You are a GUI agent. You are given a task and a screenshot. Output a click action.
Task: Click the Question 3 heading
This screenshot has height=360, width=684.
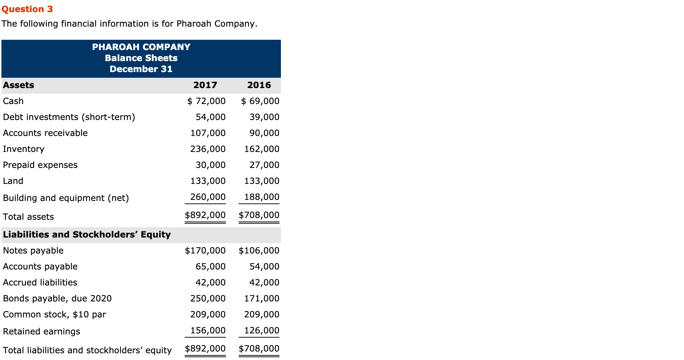(27, 9)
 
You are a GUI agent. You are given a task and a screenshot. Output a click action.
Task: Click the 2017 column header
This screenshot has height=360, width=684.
(205, 85)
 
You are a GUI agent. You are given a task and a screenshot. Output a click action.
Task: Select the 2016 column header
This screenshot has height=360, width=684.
(259, 85)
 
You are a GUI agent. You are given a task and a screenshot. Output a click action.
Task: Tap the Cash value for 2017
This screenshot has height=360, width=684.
(206, 101)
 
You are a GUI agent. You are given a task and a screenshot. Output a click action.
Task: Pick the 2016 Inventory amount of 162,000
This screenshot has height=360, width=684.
(261, 149)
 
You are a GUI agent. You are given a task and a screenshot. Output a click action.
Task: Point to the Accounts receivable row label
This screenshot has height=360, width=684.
(45, 133)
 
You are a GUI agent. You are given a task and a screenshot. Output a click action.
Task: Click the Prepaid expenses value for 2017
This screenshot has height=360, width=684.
(211, 165)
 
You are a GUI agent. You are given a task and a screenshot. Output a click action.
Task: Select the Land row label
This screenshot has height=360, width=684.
(13, 181)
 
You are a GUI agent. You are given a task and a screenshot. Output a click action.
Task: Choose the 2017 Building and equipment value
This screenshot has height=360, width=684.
(208, 197)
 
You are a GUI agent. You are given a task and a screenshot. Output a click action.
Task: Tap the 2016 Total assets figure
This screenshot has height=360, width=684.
(259, 215)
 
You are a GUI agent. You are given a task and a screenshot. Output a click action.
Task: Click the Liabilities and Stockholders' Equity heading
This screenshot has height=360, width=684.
(87, 235)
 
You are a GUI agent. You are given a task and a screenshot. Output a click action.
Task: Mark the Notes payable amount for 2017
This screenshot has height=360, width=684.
(205, 251)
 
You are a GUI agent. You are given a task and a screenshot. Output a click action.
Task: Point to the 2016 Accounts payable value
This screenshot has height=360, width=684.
(264, 267)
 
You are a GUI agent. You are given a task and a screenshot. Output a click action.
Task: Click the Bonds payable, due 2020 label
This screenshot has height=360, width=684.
(57, 299)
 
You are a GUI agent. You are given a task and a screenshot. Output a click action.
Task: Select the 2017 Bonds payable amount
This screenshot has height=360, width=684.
(208, 299)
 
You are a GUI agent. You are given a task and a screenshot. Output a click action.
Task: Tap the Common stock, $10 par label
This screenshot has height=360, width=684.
(54, 315)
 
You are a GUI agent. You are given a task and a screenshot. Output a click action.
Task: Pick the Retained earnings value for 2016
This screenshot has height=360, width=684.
(261, 331)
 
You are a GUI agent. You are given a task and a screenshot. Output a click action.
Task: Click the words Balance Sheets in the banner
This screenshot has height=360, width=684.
(141, 58)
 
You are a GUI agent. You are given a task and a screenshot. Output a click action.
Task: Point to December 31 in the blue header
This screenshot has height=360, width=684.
(141, 69)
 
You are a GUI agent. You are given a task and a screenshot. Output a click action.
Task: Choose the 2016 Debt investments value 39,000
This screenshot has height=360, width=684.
(264, 117)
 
